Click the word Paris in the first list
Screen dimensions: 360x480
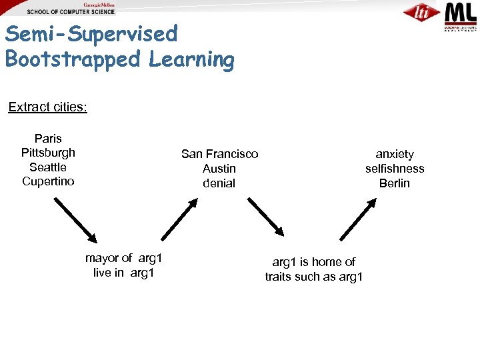[48, 139]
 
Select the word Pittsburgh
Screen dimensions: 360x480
[48, 153]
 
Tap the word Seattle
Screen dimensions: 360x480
[48, 167]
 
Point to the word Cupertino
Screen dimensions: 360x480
[48, 181]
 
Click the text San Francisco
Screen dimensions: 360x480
[219, 154]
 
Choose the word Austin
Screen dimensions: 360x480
[219, 169]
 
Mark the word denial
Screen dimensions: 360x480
[219, 183]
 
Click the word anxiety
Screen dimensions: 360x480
[395, 154]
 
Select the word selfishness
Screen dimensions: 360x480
[395, 169]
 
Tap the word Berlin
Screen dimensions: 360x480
[395, 183]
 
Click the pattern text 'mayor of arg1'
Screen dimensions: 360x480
[124, 258]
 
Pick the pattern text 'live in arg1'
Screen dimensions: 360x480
[124, 273]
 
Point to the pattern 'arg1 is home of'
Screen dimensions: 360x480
[313, 262]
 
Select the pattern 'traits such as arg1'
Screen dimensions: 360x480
[313, 277]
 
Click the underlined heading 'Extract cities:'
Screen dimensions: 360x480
[47, 107]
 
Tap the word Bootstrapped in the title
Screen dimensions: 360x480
[74, 59]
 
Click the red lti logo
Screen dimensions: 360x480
[421, 13]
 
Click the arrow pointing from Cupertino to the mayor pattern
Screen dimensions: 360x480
[75, 219]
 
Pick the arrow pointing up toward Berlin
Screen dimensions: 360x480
[358, 219]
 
